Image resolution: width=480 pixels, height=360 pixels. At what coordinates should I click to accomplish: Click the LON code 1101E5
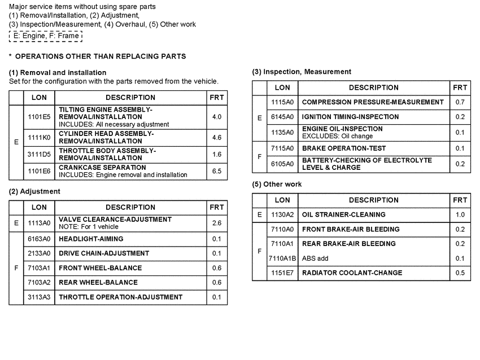pos(39,117)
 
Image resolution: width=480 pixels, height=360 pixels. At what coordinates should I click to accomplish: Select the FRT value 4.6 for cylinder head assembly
pos(216,137)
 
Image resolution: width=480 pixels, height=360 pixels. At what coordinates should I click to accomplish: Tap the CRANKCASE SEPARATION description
pos(102,168)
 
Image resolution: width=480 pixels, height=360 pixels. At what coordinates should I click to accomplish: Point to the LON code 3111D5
pos(39,154)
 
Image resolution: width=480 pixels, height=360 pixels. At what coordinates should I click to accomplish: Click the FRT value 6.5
pos(216,171)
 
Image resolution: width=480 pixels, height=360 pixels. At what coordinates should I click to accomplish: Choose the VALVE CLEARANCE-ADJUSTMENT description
pos(115,219)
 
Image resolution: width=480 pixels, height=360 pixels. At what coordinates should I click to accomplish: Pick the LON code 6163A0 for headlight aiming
pos(39,239)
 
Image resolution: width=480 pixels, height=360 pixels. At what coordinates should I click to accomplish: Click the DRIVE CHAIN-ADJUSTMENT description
pos(104,253)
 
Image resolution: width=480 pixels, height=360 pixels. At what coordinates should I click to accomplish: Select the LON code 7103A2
pos(39,283)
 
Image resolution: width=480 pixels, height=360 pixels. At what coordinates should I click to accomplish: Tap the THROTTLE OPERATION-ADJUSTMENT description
pos(120,297)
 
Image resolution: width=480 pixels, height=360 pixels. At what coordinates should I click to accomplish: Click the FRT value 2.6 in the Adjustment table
pos(216,223)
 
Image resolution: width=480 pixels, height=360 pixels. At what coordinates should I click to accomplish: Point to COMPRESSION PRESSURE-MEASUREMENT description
pos(373,102)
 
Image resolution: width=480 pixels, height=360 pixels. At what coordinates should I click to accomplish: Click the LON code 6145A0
pos(282,117)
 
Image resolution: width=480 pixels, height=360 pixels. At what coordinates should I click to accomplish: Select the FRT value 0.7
pos(460,102)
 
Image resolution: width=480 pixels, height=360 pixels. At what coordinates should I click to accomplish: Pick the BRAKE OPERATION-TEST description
pos(344,148)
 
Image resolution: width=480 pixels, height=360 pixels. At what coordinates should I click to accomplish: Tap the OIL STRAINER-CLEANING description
pos(344,214)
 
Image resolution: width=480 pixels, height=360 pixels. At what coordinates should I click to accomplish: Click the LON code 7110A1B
pos(282,258)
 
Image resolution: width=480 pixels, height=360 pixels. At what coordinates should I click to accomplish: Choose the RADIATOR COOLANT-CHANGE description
pos(352,273)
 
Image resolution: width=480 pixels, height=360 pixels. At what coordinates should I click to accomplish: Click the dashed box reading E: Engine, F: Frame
pos(46,36)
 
